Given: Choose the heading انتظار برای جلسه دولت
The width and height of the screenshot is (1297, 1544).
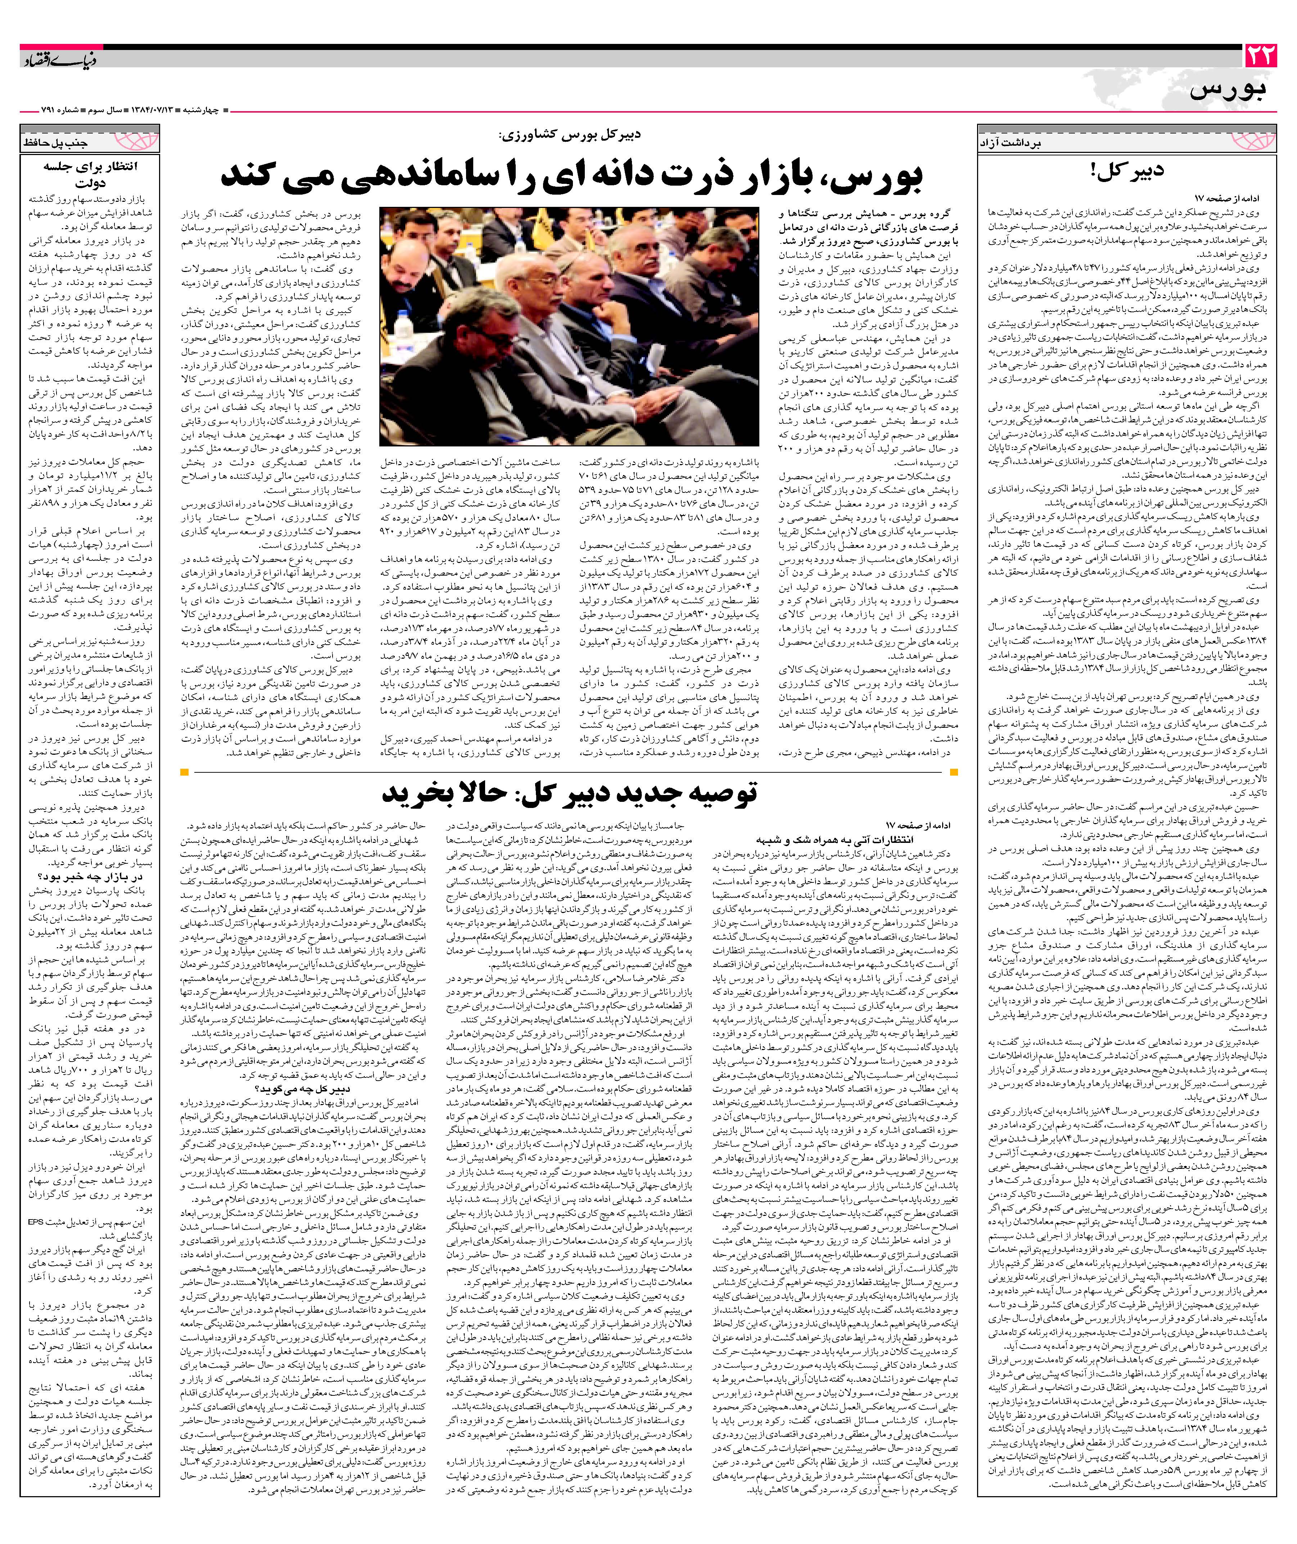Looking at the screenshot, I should click(90, 173).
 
